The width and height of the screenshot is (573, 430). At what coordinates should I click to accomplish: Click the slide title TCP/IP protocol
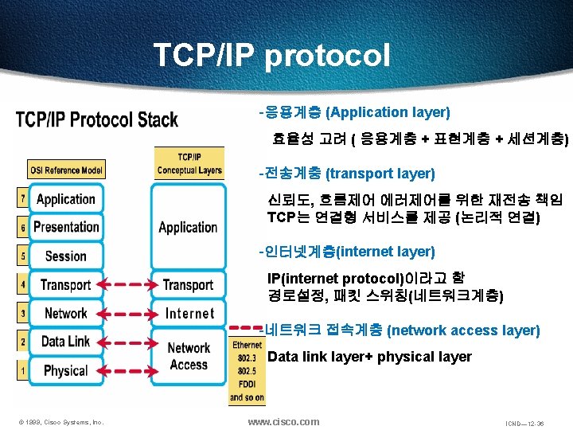[271, 56]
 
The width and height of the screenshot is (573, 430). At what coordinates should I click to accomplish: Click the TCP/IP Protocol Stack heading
[97, 120]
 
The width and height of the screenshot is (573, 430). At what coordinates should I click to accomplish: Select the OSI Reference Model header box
[65, 170]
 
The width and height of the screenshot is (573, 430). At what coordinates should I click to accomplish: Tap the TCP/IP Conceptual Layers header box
[189, 164]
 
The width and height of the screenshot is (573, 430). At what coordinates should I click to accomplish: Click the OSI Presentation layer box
[66, 227]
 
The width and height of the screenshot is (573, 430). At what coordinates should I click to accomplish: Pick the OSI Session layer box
[66, 256]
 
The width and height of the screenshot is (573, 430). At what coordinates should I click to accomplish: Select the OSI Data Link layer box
[66, 341]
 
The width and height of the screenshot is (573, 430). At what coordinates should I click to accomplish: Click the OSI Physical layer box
[66, 369]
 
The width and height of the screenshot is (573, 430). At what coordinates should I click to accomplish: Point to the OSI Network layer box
[66, 313]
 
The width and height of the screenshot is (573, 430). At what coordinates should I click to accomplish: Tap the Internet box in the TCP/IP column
[189, 313]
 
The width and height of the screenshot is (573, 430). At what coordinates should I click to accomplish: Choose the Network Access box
[189, 356]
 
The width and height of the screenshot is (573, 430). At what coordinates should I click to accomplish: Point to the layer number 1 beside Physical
[22, 370]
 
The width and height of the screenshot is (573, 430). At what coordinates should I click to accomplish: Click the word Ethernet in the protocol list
[248, 345]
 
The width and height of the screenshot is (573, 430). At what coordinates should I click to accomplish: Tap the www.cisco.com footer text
[283, 421]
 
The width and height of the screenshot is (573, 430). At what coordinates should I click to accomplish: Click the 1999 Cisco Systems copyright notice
[61, 422]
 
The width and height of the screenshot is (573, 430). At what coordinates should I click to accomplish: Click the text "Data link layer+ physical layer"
[369, 357]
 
